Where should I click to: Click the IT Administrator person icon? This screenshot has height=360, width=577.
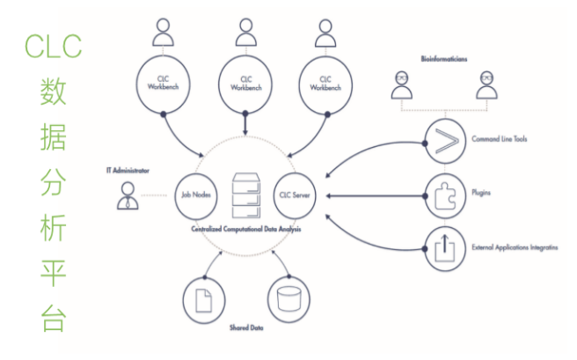click(128, 195)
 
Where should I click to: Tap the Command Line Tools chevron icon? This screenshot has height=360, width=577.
click(444, 140)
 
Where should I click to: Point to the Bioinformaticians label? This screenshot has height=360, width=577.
click(443, 60)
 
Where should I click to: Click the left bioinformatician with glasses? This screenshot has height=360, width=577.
click(403, 85)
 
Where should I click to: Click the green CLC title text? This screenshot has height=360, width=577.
click(53, 43)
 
